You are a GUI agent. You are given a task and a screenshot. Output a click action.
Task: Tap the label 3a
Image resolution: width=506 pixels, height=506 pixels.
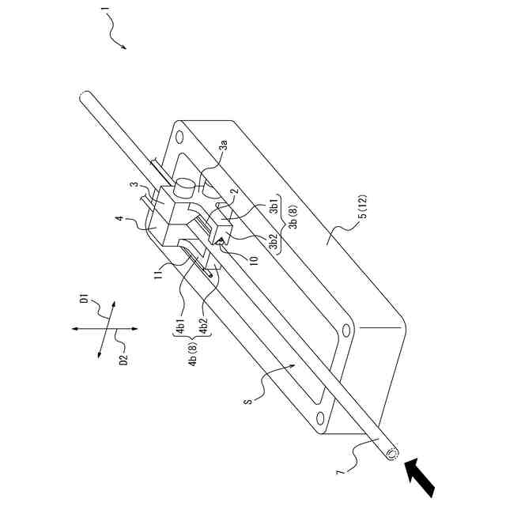(224, 144)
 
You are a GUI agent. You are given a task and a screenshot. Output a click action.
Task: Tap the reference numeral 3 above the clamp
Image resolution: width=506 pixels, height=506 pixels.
(135, 187)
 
